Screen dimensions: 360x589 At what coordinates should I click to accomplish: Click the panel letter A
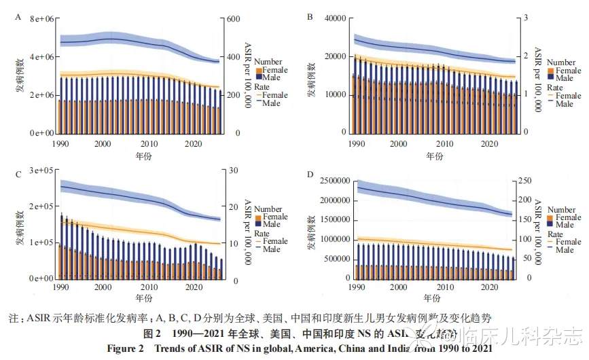pos(18,17)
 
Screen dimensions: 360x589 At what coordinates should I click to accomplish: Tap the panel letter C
pos(18,175)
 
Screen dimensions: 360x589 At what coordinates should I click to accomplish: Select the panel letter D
pos(310,175)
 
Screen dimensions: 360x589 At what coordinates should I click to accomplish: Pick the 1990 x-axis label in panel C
pos(61,288)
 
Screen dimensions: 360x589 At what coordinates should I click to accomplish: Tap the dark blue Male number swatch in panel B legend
pos(550,78)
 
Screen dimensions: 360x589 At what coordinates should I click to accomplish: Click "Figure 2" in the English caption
pos(127,348)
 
